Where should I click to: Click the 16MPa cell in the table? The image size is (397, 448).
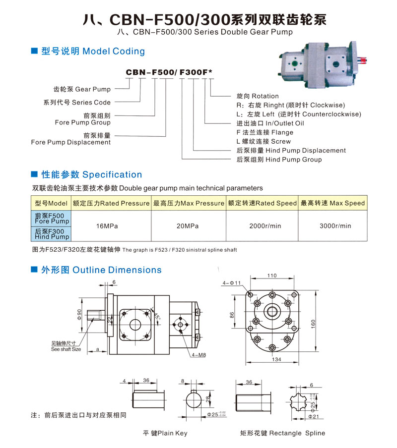click(107, 226)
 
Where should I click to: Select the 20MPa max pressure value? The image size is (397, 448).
click(188, 226)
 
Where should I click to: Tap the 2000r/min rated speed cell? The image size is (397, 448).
click(265, 226)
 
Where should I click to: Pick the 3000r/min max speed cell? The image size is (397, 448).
click(335, 226)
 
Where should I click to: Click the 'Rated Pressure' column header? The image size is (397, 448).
click(111, 203)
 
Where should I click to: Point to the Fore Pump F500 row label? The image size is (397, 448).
click(52, 219)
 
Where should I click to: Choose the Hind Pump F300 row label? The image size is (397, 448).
click(52, 233)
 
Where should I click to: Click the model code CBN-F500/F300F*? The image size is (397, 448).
click(169, 72)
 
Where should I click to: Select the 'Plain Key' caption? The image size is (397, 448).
click(165, 433)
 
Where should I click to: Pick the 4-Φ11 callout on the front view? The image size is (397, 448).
click(232, 283)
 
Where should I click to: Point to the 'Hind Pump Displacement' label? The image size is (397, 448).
click(291, 151)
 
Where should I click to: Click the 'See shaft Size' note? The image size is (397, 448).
click(66, 349)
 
